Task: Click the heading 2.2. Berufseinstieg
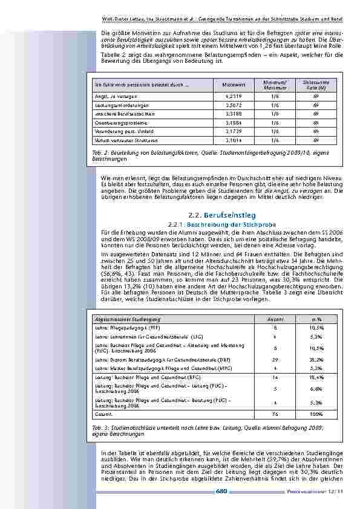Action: (222, 215)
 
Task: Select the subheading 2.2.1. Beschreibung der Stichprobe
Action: (222, 224)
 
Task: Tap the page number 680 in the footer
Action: (221, 491)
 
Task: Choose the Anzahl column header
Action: (275, 319)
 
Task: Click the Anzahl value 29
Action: (275, 358)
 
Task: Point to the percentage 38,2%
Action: (316, 358)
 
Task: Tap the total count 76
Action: (275, 415)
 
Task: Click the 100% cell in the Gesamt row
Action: (316, 415)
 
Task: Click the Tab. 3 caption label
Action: (100, 427)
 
